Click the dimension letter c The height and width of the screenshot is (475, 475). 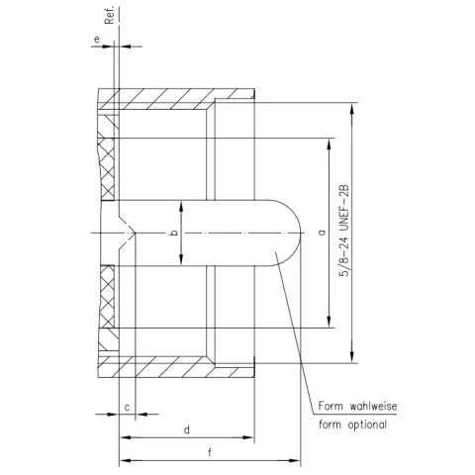point(129,407)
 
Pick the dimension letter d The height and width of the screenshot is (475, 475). point(186,428)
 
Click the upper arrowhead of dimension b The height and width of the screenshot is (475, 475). point(181,204)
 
